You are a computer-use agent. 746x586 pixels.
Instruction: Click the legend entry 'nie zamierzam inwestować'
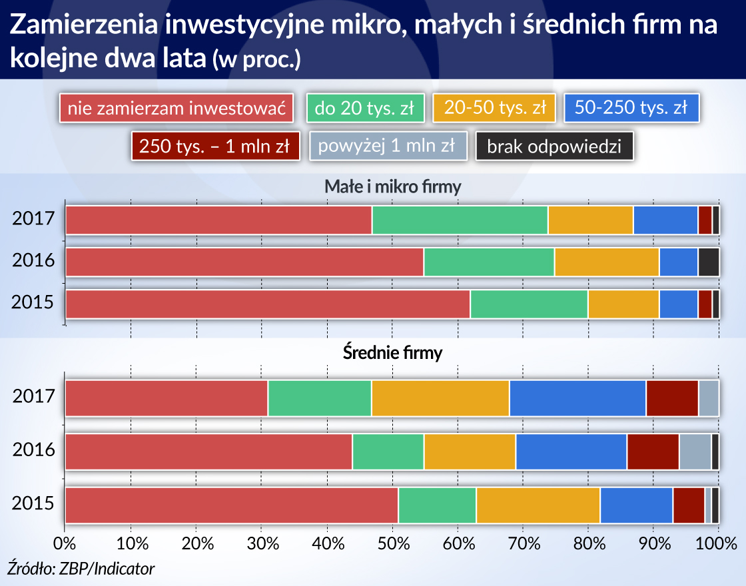tap(177, 108)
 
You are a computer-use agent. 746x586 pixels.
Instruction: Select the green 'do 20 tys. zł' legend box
tap(365, 108)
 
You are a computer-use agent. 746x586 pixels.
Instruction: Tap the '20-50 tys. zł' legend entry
tap(494, 108)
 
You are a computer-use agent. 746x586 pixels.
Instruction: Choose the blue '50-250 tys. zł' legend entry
tap(630, 108)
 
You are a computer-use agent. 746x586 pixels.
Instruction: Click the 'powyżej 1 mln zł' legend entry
tap(386, 146)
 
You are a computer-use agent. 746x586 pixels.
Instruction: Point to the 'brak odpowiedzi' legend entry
tap(554, 146)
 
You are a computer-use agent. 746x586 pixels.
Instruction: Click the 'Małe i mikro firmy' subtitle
tap(392, 187)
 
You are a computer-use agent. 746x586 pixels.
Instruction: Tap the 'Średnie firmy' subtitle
tap(392, 353)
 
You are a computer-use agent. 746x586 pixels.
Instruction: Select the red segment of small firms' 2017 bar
tap(218, 220)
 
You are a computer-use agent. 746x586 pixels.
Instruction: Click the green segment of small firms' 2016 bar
tap(489, 262)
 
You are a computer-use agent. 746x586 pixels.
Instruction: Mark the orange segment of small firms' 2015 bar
tap(623, 304)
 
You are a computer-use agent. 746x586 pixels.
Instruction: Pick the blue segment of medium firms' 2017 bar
tap(577, 398)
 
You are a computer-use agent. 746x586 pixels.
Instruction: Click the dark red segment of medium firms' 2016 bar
tap(653, 451)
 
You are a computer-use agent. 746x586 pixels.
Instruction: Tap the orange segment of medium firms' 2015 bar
tap(538, 505)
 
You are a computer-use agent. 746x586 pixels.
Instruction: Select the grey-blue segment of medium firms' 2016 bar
tap(695, 451)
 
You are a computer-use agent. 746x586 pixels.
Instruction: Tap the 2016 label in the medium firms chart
tap(33, 451)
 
